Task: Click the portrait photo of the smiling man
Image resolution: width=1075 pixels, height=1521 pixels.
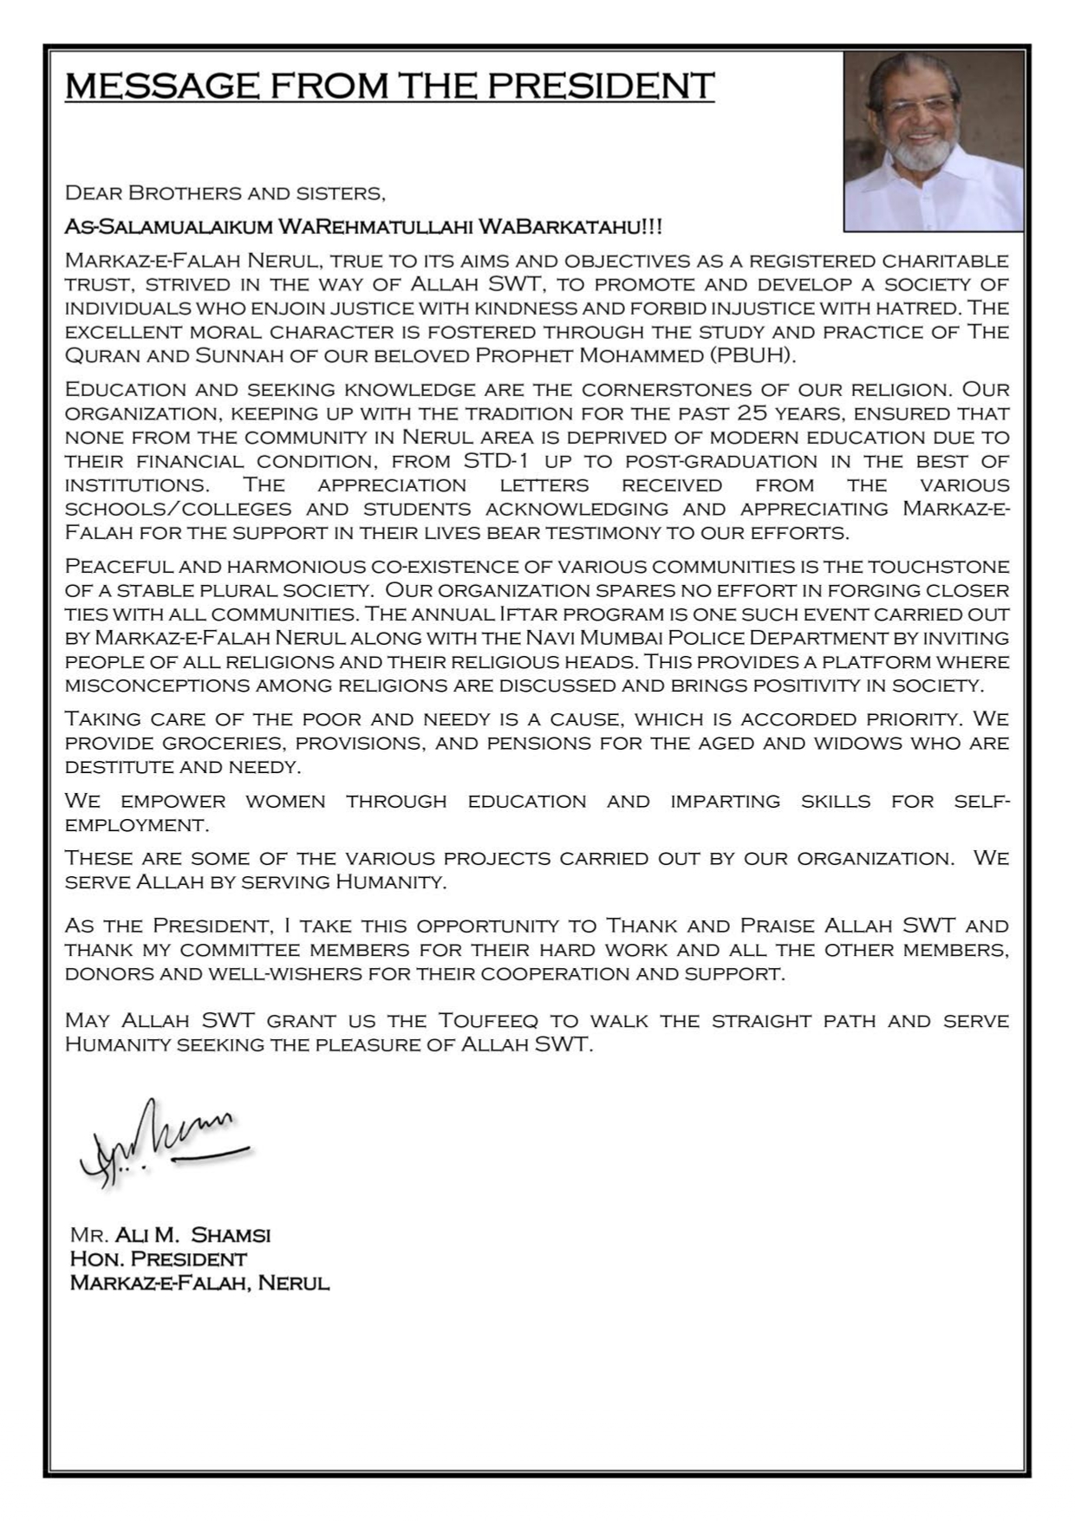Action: click(934, 142)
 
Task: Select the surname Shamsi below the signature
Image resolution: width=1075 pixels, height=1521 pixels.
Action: click(231, 1234)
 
